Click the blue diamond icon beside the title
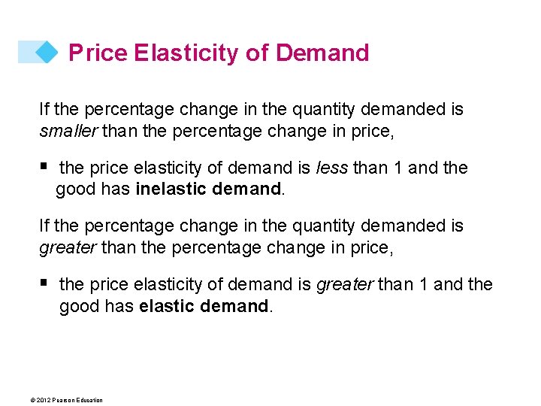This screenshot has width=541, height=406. [47, 52]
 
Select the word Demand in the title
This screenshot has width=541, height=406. [322, 53]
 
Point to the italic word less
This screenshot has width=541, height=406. [333, 168]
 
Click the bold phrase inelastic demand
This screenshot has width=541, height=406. [208, 189]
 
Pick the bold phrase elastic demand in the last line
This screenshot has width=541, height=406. [204, 306]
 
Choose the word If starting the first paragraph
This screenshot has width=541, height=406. [44, 110]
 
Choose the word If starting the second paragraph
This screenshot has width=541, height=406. [44, 226]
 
